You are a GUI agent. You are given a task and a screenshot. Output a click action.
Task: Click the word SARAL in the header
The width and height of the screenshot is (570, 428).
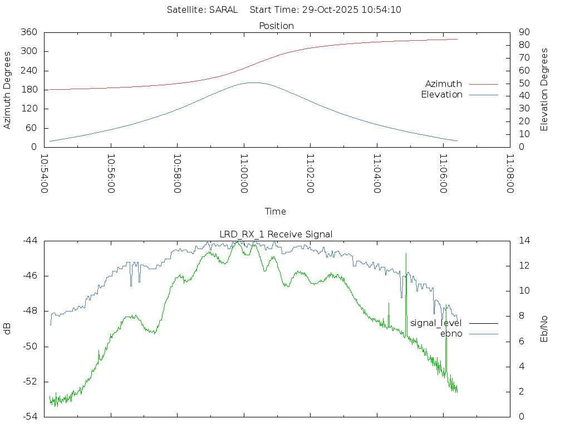coord(223,9)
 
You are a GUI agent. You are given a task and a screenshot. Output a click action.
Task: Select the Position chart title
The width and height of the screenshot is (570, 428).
coord(277,26)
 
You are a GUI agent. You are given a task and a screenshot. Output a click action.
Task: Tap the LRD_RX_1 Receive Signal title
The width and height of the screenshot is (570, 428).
coord(276,234)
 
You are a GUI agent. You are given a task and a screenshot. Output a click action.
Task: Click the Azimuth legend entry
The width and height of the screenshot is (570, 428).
coord(444,84)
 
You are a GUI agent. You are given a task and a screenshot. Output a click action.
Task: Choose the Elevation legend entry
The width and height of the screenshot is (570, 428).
coord(441,95)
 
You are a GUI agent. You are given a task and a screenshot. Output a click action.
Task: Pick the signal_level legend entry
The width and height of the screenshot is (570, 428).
coord(436,323)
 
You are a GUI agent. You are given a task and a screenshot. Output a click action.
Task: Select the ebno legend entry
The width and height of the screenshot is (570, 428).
coord(451,333)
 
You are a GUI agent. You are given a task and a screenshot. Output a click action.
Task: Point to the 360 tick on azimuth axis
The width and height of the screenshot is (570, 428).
coord(29,32)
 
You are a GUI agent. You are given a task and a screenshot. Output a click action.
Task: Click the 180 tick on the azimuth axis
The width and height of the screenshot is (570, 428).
coord(29,90)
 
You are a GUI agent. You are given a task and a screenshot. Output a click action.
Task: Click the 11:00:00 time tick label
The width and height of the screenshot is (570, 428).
coord(244,174)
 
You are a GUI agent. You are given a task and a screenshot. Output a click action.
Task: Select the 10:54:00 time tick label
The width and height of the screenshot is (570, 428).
coord(45,174)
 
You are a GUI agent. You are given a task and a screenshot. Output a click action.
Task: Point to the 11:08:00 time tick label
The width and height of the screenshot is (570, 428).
coord(510,174)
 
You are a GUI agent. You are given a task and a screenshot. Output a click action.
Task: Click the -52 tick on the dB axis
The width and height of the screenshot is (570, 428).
coord(30,382)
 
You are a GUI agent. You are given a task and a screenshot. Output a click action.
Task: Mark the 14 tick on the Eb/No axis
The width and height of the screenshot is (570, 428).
coord(524,241)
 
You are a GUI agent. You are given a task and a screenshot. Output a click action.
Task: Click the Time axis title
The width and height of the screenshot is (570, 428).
coord(276,211)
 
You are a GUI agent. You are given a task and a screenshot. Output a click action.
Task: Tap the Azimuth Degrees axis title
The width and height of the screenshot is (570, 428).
coord(7,90)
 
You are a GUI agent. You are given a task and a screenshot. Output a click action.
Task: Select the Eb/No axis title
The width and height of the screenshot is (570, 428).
coord(544,329)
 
